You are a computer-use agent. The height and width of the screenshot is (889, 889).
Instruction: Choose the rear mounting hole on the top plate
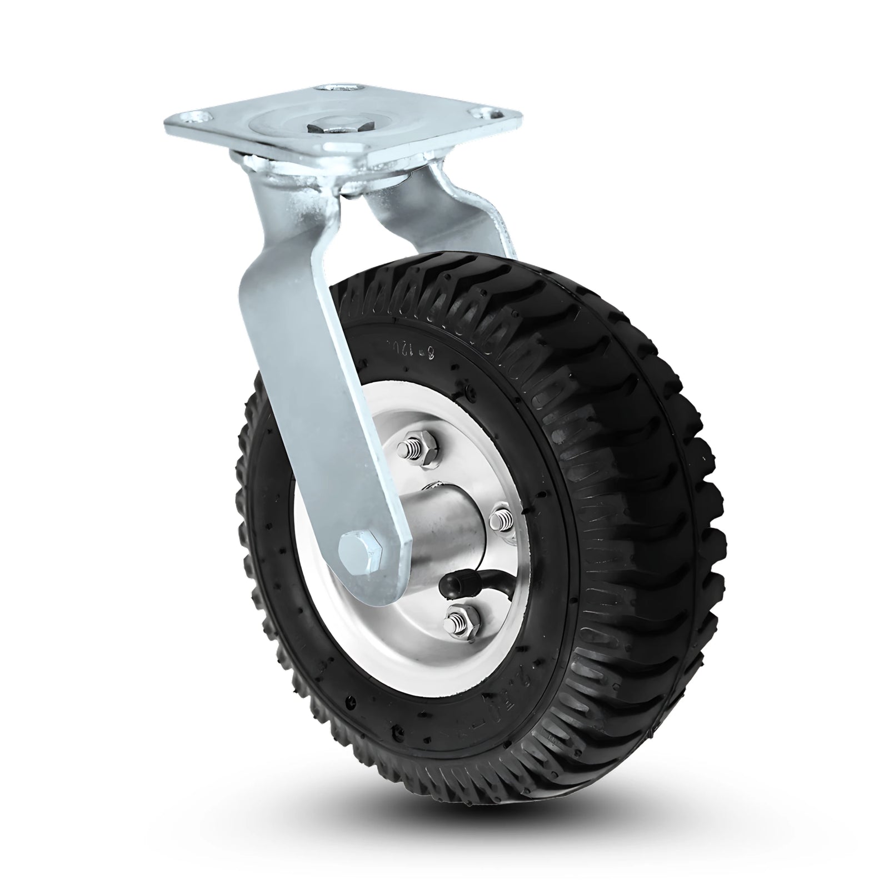pyautogui.click(x=333, y=89)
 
